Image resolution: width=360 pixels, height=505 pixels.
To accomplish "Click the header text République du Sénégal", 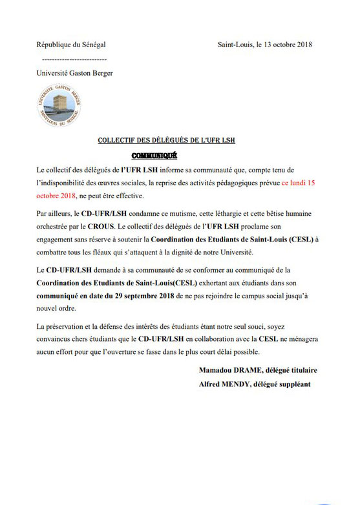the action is click(70, 45).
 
